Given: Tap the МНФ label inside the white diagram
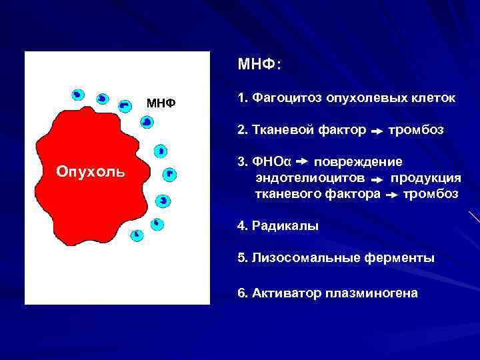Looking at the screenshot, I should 161,103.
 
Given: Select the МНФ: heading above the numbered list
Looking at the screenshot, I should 259,65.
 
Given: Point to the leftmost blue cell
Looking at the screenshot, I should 77,95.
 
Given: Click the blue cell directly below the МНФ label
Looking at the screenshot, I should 147,121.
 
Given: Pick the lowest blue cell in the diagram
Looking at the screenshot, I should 137,234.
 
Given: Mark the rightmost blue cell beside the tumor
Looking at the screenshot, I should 169,175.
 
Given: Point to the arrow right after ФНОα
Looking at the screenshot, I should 301,162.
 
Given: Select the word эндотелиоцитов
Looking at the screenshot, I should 310,178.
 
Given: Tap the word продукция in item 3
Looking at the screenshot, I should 425,178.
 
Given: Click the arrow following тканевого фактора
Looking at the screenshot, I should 392,195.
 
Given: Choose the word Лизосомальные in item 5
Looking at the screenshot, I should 298,258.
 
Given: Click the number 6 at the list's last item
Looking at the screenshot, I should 241,293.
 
